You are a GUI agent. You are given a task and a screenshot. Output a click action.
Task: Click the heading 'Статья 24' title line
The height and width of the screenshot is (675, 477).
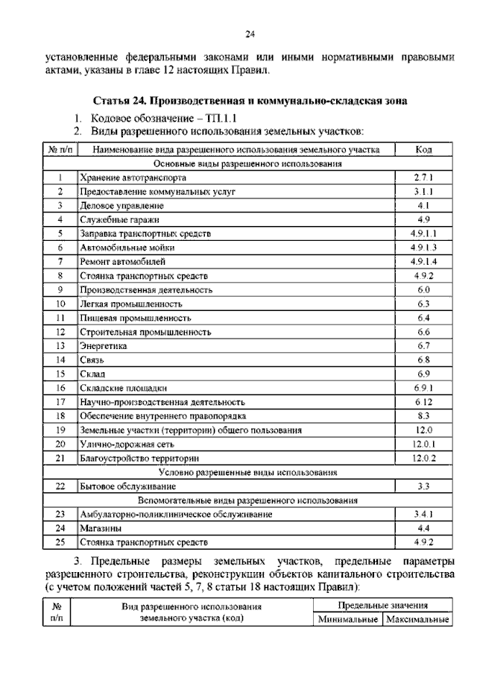tap(250, 100)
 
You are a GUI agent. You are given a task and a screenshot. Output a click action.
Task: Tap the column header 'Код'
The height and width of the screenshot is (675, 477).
tap(424, 150)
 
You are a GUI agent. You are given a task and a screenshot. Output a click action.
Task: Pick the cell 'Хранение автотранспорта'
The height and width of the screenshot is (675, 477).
tap(133, 178)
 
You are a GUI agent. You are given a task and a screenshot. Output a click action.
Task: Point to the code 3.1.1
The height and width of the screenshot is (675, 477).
tap(424, 192)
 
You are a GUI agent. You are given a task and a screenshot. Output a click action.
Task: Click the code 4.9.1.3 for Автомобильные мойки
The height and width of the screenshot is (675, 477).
tap(424, 247)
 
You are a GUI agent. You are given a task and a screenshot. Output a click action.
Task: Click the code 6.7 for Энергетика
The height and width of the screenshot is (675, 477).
tap(424, 346)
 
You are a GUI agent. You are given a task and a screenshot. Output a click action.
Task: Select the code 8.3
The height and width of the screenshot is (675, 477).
tap(424, 415)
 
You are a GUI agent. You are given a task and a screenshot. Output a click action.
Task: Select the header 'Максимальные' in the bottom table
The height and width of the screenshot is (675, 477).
tap(416, 620)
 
